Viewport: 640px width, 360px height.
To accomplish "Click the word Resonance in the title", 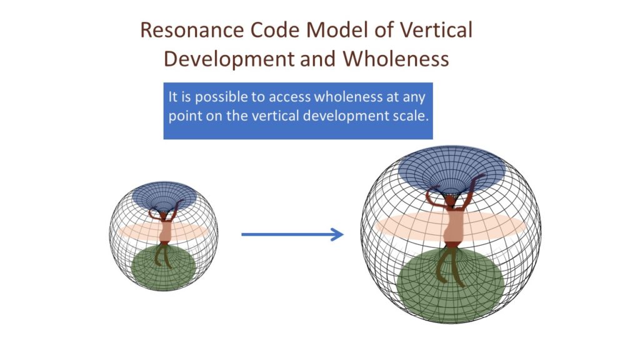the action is (x=192, y=30).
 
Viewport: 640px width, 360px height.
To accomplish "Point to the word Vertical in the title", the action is (x=436, y=30).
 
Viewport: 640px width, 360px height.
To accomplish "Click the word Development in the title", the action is (x=229, y=59).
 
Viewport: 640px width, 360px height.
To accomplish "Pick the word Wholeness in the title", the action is (x=396, y=58).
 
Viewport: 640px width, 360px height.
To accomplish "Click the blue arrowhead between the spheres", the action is (x=337, y=234).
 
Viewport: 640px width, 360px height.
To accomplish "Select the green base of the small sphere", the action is (x=164, y=267).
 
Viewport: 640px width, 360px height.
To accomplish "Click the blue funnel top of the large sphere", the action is (x=452, y=169).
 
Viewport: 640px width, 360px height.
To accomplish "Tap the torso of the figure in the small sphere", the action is (x=165, y=231).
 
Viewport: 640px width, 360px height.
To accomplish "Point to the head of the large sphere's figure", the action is (x=450, y=201).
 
